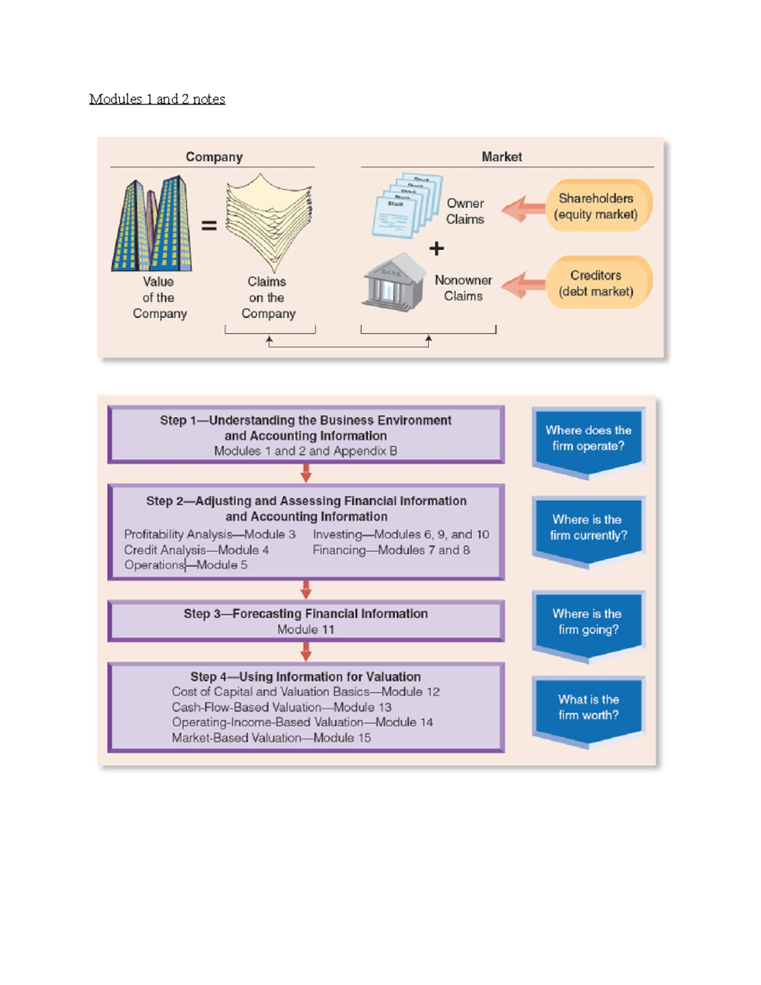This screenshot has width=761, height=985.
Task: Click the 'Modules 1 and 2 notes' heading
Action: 157,99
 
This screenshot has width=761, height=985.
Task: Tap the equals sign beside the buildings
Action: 209,225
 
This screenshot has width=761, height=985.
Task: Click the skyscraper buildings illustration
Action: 152,225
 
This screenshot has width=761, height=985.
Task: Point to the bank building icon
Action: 394,283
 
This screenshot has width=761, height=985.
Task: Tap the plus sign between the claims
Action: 436,249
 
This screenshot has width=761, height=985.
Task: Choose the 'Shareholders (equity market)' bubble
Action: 596,206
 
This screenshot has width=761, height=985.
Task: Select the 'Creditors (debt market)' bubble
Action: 596,283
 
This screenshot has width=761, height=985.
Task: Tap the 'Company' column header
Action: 214,157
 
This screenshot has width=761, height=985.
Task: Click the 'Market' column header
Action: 502,157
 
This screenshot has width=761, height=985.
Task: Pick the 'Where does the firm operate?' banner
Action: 588,439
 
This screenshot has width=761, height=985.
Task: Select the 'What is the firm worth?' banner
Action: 588,708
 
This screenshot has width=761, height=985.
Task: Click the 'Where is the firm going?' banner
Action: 588,622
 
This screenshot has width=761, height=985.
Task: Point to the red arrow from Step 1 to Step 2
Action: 306,473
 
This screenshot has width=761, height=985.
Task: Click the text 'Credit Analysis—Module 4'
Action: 197,550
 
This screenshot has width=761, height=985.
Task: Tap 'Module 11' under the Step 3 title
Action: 306,629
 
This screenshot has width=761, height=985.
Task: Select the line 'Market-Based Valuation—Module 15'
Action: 271,738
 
